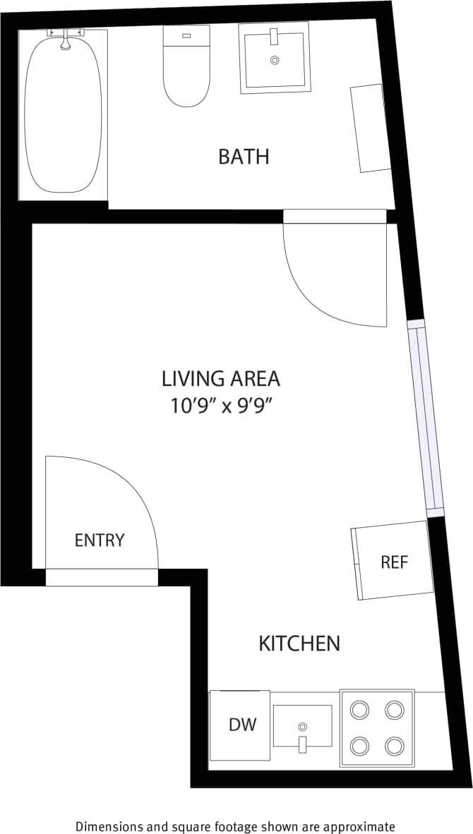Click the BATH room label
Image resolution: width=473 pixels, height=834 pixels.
pos(244,156)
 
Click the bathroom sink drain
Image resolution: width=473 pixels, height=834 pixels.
pos(275,61)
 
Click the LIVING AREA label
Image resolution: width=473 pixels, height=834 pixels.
pos(221,379)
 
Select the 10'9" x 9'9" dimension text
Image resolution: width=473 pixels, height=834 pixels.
pos(221,406)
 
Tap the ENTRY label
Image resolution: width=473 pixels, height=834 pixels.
pos(100,540)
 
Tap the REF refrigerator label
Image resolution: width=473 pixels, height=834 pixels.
pos(395,562)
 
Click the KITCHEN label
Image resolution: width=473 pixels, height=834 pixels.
pos(299,643)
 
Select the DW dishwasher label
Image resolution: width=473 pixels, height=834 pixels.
pos(242,724)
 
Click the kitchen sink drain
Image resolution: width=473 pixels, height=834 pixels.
pos(303,726)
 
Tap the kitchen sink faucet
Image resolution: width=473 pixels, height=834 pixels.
pos(303,743)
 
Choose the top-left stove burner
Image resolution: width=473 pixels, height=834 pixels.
pos(360,709)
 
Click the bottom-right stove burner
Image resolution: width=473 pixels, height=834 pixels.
pos(395,745)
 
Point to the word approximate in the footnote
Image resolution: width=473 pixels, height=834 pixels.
pos(359,826)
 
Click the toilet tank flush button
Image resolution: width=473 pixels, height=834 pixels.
pos(186,35)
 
